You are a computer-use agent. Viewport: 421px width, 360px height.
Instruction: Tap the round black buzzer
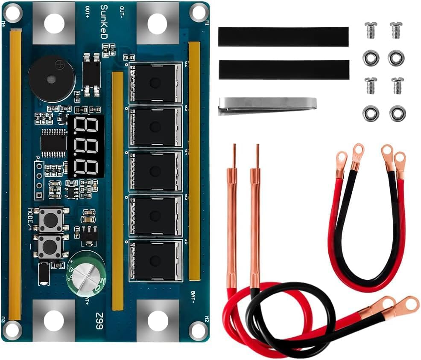coord(51,78)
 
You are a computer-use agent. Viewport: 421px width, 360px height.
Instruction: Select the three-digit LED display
coord(86,146)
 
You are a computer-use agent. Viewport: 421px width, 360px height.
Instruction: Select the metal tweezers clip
coord(267,105)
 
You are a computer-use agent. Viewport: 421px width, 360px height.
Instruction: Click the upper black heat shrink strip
coord(283,37)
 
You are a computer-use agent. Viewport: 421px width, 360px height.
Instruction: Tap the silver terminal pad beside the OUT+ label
coord(53,22)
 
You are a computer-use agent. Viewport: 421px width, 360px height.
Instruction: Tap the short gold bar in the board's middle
coord(117,190)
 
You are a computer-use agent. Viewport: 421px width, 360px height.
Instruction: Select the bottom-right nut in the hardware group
coord(397,113)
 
